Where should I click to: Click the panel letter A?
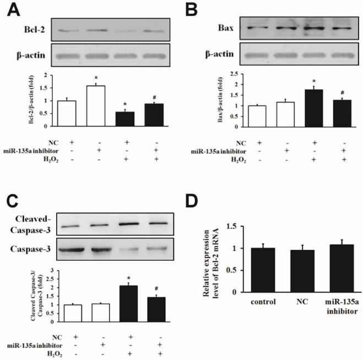(10, 9)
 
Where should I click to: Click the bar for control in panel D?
(251, 270)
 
